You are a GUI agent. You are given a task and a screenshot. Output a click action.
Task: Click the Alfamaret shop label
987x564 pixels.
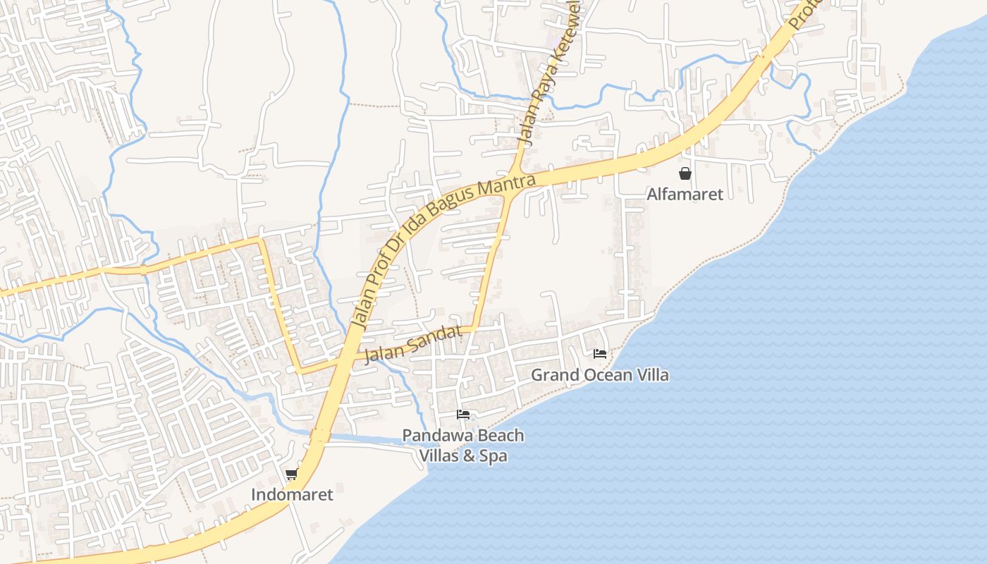point(685,194)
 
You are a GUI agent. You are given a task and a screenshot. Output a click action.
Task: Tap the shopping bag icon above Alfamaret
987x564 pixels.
point(685,173)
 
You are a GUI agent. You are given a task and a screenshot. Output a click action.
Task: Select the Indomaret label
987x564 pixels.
point(292,494)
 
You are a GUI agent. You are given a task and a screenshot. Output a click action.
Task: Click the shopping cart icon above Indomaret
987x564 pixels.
point(292,474)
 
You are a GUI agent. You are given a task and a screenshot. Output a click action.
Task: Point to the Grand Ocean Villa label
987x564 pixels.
point(599,374)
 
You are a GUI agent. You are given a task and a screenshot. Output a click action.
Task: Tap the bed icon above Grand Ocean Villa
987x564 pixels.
point(600,354)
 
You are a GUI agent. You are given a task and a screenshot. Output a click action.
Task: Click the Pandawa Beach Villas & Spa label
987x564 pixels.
point(463,445)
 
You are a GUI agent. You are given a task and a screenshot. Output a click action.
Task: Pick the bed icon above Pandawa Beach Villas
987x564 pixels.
point(463,415)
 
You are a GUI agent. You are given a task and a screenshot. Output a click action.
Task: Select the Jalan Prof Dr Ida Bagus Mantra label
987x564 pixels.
point(437,247)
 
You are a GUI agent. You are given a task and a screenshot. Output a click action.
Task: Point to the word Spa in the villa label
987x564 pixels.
point(494,455)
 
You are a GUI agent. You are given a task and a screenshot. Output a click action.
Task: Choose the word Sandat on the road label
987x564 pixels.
point(436,338)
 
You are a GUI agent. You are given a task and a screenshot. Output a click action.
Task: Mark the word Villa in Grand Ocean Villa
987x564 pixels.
point(653,374)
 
